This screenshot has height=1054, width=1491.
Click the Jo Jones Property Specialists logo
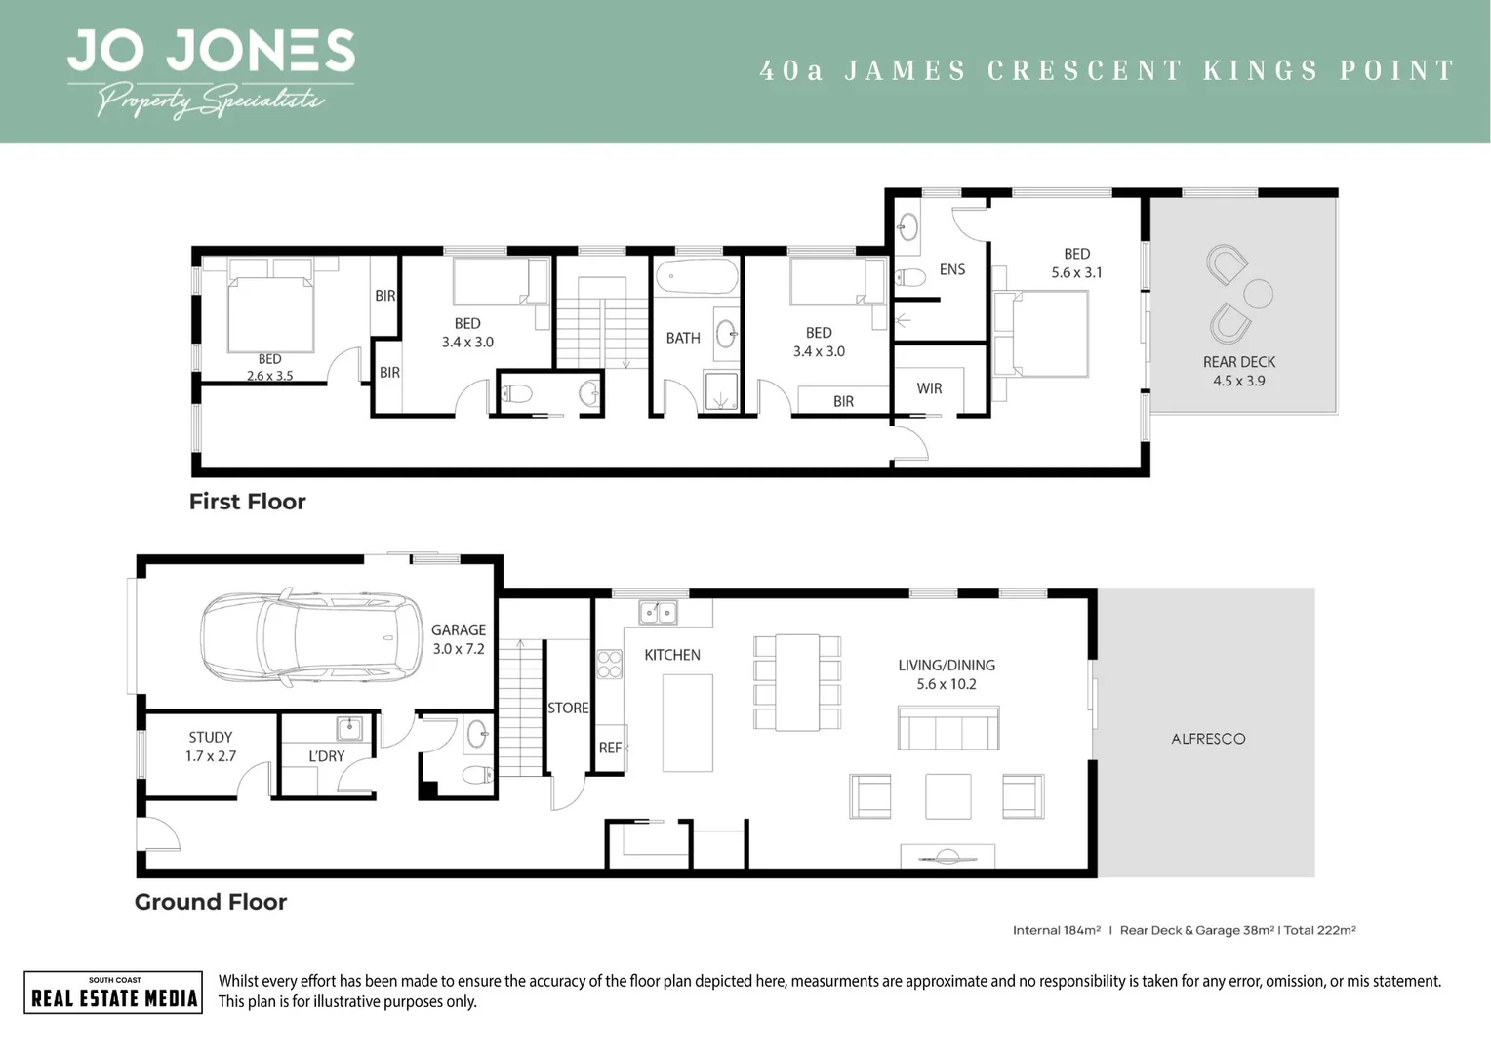pos(210,72)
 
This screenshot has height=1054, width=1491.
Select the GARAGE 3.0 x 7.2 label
pos(458,639)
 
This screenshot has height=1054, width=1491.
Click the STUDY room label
pos(211,747)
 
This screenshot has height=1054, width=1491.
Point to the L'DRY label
pos(326,756)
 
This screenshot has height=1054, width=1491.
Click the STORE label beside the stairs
pos(568,708)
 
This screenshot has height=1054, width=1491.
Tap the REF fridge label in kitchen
pos(610,748)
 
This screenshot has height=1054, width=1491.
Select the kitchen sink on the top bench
pos(659,612)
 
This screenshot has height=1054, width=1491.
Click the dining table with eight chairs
pos(797,682)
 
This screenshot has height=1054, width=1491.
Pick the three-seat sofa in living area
pos(947,728)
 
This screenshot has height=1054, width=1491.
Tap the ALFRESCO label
pos(1208,739)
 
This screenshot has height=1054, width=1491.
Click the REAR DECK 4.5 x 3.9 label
pos(1239,371)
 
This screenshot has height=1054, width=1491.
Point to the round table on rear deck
pos(1258,293)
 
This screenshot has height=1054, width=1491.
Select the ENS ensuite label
pos(951,269)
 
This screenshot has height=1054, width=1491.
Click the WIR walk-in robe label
pos(929,388)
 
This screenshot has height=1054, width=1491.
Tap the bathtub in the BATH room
pos(697,277)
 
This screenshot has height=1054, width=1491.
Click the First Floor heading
pos(247,502)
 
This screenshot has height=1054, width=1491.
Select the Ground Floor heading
pos(211,902)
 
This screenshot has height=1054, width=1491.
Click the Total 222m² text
pos(1319,930)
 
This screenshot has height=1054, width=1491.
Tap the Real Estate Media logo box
pos(113,993)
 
